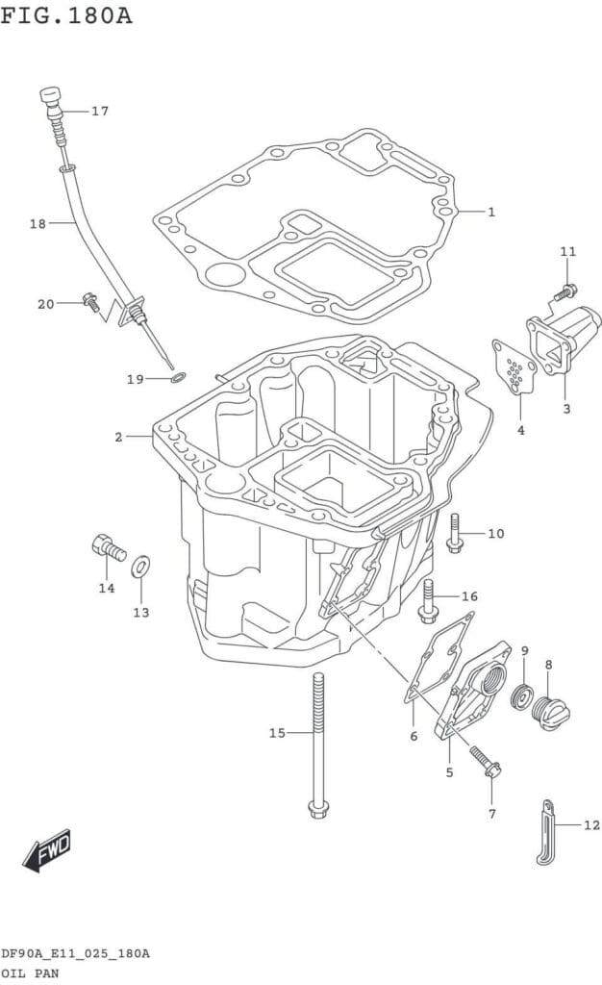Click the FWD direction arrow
click(x=47, y=849)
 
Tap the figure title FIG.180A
click(x=66, y=16)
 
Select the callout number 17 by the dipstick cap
click(x=100, y=112)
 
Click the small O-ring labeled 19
click(x=178, y=376)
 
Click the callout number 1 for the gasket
click(x=490, y=212)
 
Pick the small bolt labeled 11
click(x=567, y=290)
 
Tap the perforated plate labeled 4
click(x=515, y=368)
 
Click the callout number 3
click(x=566, y=409)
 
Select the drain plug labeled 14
click(x=108, y=549)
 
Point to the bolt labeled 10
click(x=454, y=533)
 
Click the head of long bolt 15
click(x=317, y=806)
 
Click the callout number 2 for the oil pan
click(x=118, y=437)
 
